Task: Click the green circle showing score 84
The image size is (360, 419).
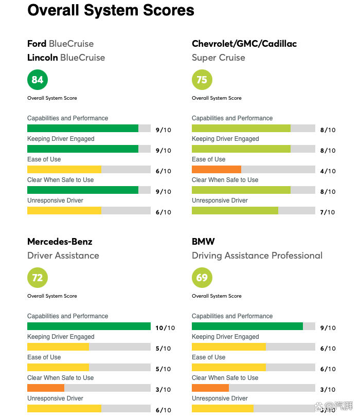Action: (x=38, y=80)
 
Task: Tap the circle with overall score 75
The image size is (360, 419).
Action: (x=202, y=80)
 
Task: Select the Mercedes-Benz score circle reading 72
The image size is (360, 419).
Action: (x=38, y=278)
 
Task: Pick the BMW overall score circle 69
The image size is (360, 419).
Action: (x=202, y=278)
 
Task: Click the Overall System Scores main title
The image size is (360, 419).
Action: (x=111, y=10)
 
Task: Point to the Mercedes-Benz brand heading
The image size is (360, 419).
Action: (x=60, y=242)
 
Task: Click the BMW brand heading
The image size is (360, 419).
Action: (x=203, y=242)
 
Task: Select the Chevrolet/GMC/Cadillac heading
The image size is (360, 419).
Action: (x=244, y=44)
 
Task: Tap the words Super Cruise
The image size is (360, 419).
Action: (x=219, y=58)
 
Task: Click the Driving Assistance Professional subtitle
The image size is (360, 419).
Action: (x=257, y=256)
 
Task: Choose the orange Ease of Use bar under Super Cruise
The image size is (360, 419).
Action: (x=217, y=169)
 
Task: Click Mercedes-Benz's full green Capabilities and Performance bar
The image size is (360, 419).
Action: (x=88, y=326)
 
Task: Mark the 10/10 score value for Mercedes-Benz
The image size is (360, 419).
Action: (x=165, y=328)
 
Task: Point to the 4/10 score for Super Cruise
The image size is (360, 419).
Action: (x=328, y=171)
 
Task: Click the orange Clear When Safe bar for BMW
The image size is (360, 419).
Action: (x=210, y=388)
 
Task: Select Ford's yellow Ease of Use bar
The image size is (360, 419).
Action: (x=64, y=169)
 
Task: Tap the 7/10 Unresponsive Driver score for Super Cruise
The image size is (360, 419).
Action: (x=328, y=212)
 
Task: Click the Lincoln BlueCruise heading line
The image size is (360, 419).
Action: (x=66, y=58)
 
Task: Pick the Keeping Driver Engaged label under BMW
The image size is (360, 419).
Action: (x=225, y=337)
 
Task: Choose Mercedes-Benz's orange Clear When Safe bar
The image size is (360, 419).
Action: (x=46, y=388)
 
